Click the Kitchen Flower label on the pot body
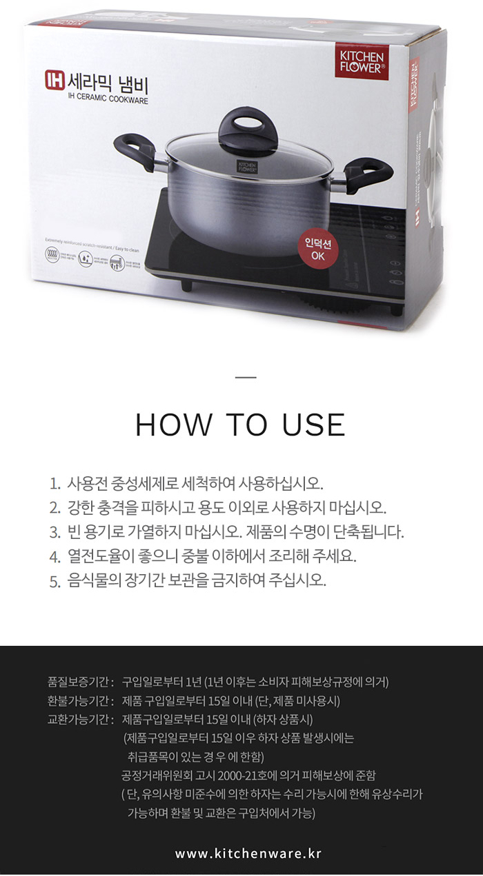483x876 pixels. pos(248,167)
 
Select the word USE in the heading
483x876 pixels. pos(313,425)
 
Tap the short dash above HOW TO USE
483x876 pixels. pos(245,377)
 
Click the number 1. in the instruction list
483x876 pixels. pos(55,482)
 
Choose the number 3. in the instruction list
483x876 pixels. pos(55,531)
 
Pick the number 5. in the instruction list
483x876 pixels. pos(55,581)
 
